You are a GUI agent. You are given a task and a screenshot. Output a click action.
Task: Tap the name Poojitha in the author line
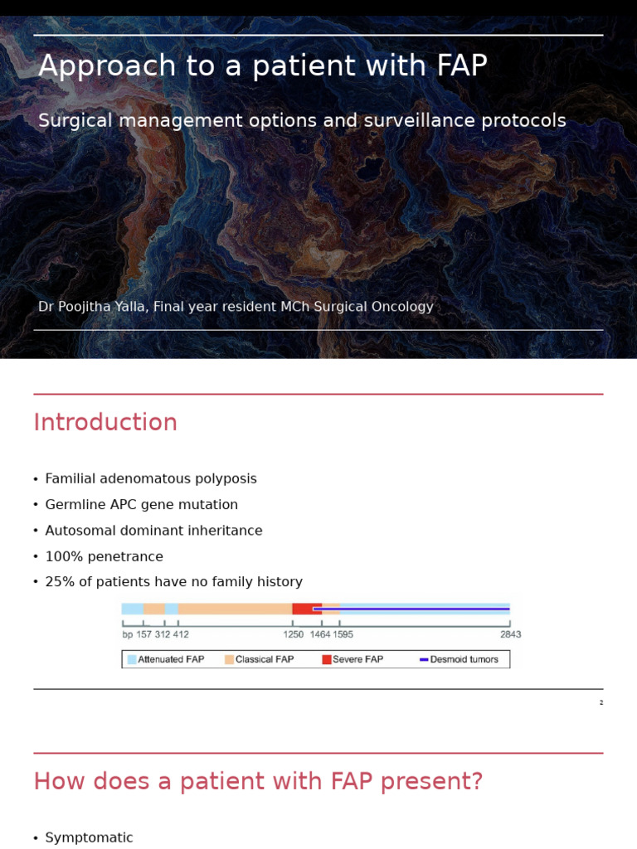90,307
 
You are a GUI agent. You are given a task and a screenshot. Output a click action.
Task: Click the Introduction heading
105,423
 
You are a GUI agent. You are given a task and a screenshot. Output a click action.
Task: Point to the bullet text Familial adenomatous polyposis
151,479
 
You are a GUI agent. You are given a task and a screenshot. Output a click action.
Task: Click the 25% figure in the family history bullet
58,582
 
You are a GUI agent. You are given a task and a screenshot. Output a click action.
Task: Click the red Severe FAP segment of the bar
304,609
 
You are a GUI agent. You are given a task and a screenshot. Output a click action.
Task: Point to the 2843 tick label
510,635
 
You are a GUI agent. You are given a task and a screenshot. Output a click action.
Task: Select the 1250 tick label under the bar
293,635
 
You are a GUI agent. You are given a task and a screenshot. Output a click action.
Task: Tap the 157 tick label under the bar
143,635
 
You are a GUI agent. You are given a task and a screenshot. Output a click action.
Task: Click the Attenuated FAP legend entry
170,660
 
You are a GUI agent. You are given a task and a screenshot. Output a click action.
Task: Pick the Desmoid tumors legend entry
464,660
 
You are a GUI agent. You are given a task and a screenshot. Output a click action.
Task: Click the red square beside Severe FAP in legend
327,660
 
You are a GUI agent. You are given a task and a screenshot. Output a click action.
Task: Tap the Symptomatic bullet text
89,838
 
